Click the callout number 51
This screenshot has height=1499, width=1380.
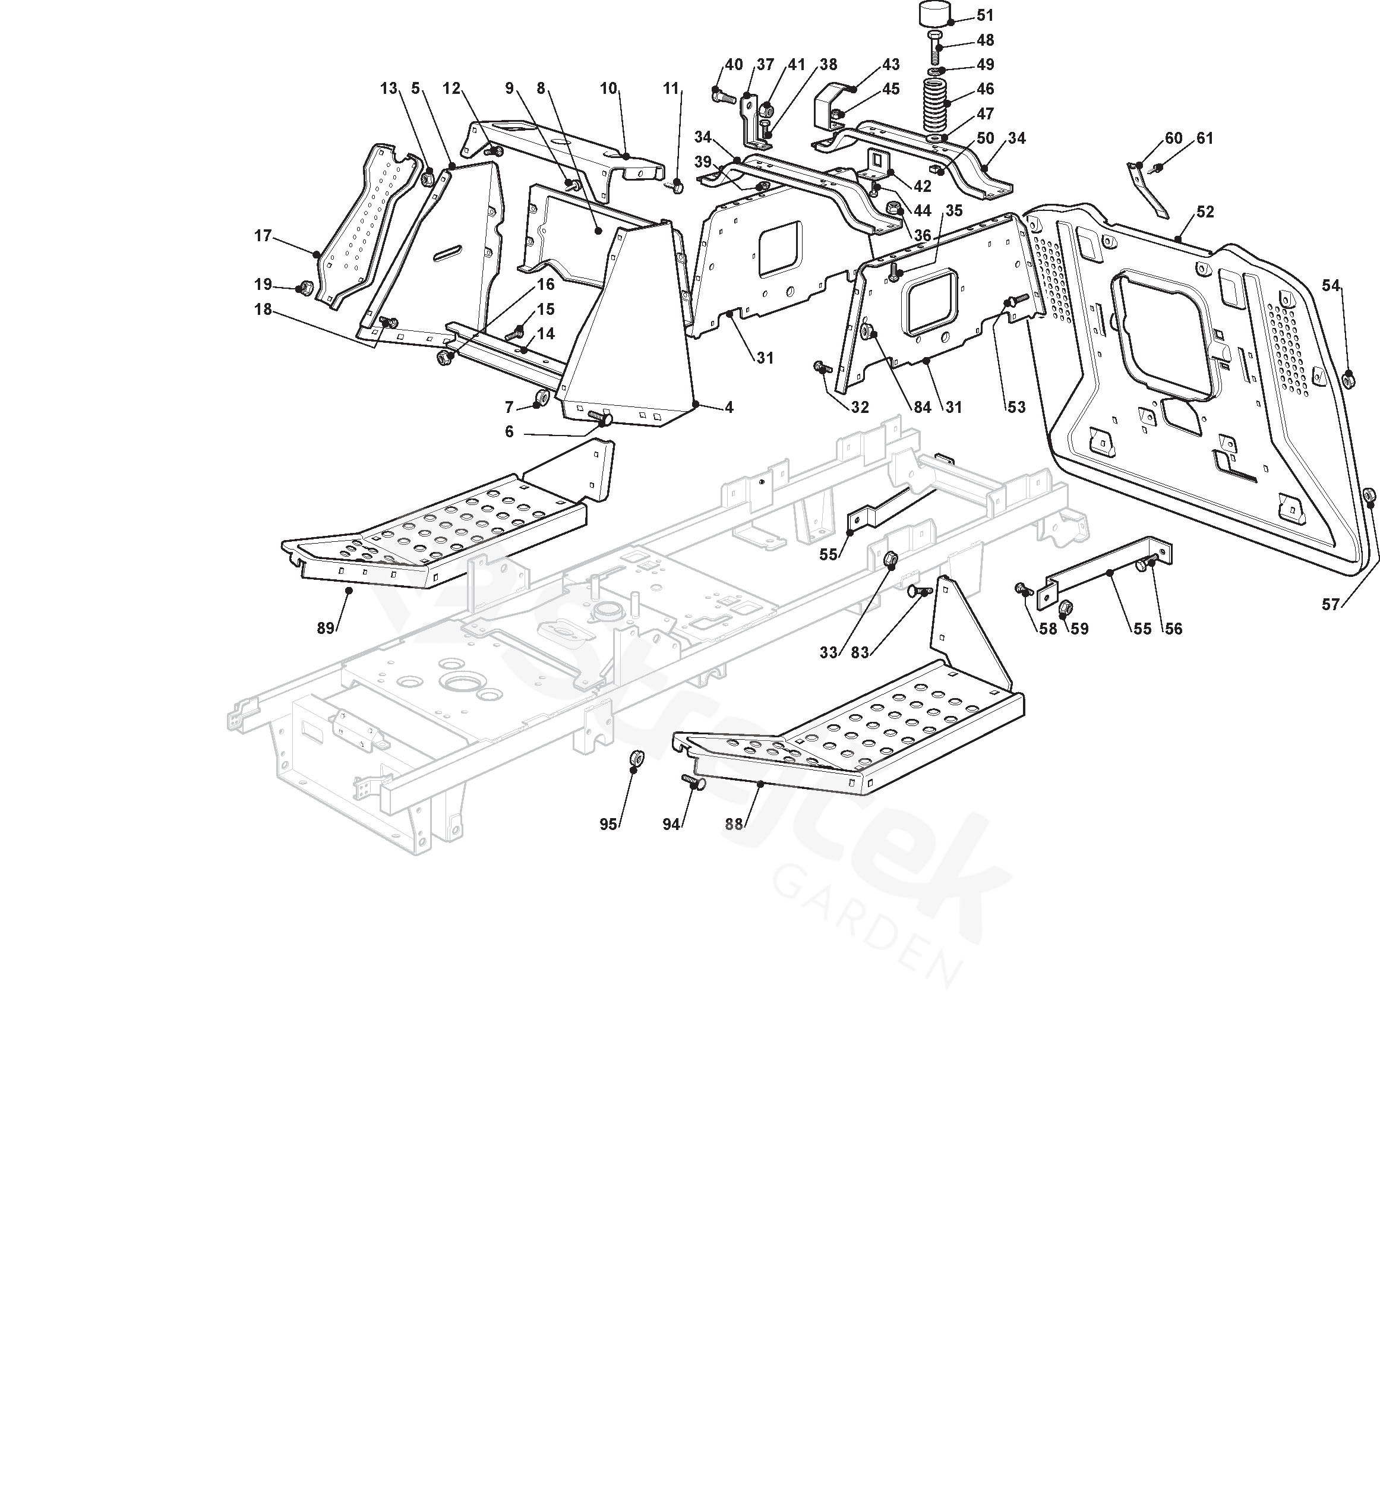tap(985, 15)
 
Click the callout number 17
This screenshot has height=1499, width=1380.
tap(263, 236)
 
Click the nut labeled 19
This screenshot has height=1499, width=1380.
tap(305, 288)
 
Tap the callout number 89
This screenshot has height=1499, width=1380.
tap(326, 628)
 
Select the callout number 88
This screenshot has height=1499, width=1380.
tap(734, 824)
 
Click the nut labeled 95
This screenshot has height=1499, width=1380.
tap(636, 759)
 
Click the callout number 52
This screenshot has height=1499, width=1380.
tap(1205, 212)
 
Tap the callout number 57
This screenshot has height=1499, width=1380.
tap(1330, 605)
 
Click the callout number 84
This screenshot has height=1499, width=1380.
tap(921, 407)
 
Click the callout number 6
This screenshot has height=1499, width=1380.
tap(509, 432)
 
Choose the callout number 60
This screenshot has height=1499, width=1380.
tap(1174, 138)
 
